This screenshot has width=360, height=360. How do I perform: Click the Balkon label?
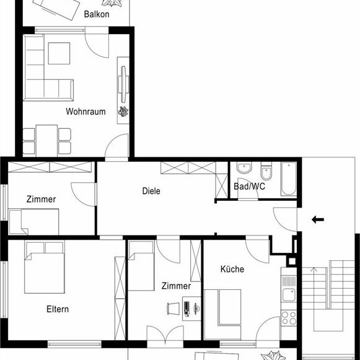[x=97, y=14]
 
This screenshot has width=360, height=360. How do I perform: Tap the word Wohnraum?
[x=86, y=112]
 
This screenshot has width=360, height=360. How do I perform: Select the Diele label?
[x=151, y=191]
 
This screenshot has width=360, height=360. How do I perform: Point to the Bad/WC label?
[x=249, y=187]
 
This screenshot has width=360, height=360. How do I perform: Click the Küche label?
[x=232, y=269]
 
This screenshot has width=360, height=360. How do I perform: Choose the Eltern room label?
[x=58, y=309]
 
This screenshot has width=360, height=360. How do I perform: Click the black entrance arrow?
[x=318, y=220]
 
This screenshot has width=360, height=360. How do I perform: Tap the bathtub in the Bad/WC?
[x=289, y=179]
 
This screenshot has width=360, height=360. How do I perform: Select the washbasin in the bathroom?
[x=244, y=167]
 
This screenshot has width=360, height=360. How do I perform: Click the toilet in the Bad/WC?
[x=266, y=171]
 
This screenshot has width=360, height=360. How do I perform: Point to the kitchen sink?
[x=289, y=294]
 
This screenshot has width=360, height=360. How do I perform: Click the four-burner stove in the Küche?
[x=289, y=318]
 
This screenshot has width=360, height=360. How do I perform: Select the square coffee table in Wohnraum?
[x=59, y=53]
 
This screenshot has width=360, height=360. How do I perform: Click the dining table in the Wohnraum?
[x=47, y=141]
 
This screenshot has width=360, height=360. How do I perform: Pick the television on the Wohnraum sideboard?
[x=123, y=84]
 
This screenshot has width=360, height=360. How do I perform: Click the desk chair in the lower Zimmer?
[x=173, y=309]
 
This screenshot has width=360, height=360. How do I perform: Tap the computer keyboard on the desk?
[x=187, y=308]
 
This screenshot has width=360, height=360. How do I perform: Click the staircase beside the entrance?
[x=328, y=296]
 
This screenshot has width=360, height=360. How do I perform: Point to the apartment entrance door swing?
[x=285, y=219]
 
